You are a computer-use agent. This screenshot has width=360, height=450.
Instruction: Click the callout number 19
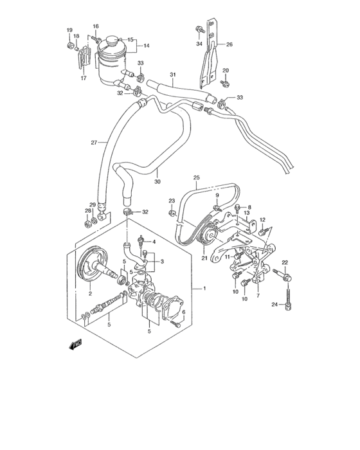69,31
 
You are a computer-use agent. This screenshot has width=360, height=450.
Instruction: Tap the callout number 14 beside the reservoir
146,46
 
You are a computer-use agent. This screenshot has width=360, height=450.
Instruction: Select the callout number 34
199,44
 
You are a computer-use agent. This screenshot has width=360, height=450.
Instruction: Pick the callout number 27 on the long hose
94,143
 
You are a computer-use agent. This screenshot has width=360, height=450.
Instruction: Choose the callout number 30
157,182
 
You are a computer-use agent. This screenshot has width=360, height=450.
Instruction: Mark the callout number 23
172,201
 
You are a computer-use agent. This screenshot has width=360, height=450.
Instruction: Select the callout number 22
284,262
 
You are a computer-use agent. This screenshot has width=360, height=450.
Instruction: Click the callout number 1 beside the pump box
204,289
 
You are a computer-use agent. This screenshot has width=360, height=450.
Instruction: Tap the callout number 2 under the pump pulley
90,294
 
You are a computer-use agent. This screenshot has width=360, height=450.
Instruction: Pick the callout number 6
184,312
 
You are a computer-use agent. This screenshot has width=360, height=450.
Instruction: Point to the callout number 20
226,70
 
